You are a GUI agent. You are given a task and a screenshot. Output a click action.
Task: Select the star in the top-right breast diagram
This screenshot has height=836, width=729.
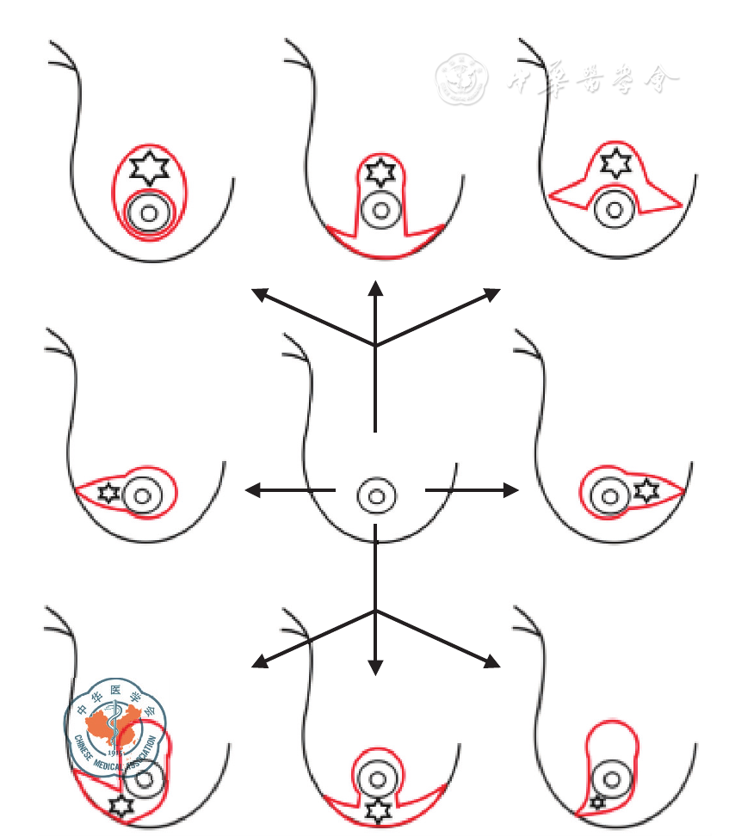pyautogui.click(x=615, y=163)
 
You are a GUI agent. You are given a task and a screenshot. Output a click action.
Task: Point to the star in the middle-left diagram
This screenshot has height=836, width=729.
pyautogui.click(x=108, y=494)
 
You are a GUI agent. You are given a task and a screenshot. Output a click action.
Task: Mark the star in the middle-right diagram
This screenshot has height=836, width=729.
pyautogui.click(x=646, y=491)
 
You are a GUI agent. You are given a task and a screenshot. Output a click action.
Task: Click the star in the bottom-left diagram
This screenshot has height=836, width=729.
pyautogui.click(x=121, y=806)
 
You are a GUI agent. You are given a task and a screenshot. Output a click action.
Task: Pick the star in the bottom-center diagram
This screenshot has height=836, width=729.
pyautogui.click(x=376, y=809)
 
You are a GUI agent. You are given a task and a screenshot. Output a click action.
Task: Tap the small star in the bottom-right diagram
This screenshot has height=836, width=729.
pyautogui.click(x=599, y=802)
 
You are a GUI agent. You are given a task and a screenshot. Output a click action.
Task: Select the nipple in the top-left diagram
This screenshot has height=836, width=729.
pyautogui.click(x=148, y=213)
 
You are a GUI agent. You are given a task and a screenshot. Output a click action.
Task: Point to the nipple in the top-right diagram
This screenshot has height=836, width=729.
pyautogui.click(x=613, y=208)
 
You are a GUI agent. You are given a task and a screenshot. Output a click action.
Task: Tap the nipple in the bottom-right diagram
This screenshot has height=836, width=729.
pyautogui.click(x=612, y=779)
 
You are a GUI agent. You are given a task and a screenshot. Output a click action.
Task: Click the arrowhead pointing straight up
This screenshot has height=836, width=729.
pyautogui.click(x=375, y=287)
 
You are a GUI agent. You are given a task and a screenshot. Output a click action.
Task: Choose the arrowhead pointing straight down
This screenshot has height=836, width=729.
pyautogui.click(x=375, y=667)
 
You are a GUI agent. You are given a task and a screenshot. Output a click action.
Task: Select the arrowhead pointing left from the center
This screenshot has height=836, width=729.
pyautogui.click(x=252, y=490)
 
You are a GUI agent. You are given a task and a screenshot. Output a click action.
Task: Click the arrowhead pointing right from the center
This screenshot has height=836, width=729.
pyautogui.click(x=512, y=490)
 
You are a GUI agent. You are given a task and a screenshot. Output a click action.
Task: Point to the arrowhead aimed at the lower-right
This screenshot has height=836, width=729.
pyautogui.click(x=492, y=662)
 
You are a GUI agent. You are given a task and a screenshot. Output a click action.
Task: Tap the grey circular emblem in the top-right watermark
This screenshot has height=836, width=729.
pyautogui.click(x=461, y=79)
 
